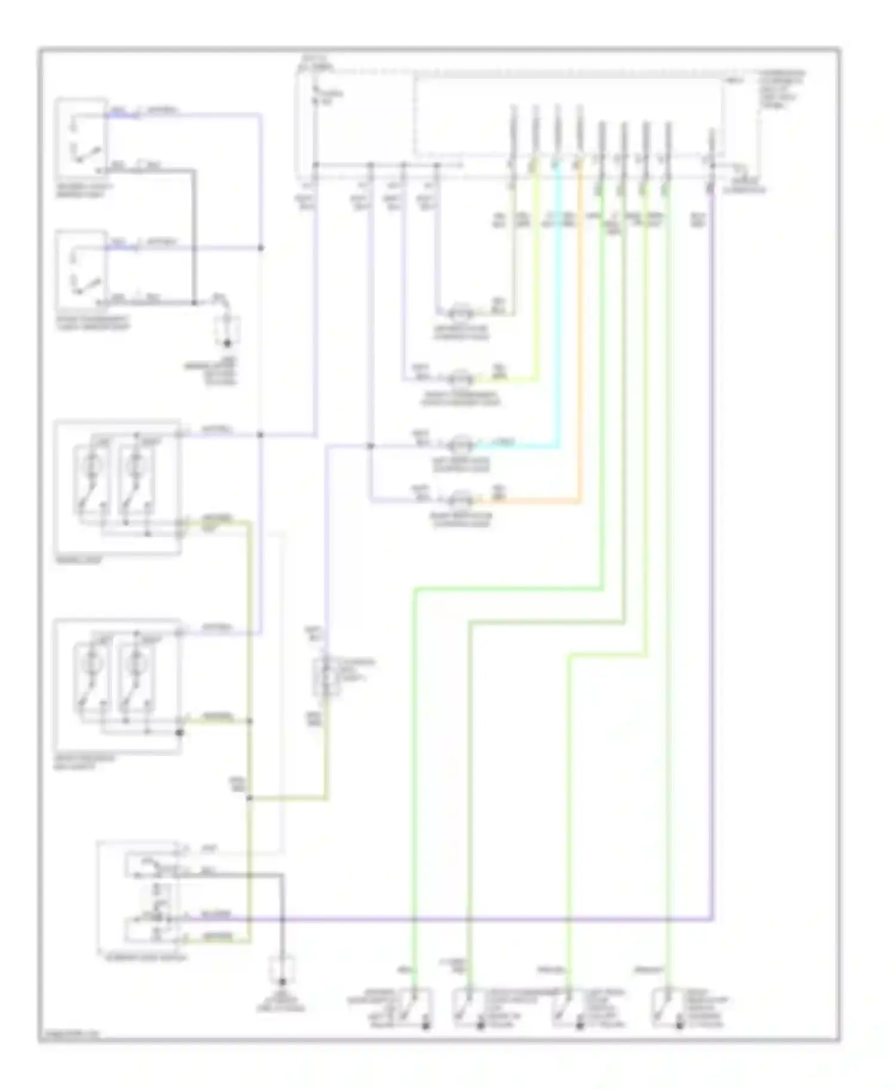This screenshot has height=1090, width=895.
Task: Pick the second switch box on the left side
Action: pyautogui.click(x=81, y=271)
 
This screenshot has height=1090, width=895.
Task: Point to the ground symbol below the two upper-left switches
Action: pyautogui.click(x=227, y=334)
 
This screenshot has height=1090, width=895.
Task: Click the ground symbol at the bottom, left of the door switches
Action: pyautogui.click(x=282, y=970)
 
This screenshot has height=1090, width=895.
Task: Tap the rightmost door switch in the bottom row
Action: pyautogui.click(x=667, y=1008)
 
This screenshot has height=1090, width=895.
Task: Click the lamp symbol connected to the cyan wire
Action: pyautogui.click(x=459, y=444)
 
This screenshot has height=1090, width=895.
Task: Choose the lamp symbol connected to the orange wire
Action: pyautogui.click(x=459, y=498)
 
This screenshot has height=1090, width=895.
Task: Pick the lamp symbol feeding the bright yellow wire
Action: pyautogui.click(x=459, y=378)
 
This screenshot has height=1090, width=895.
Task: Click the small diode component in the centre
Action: pyautogui.click(x=326, y=677)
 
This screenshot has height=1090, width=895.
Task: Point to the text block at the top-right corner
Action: pyautogui.click(x=782, y=89)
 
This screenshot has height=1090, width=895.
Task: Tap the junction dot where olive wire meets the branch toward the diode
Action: pyautogui.click(x=249, y=798)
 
